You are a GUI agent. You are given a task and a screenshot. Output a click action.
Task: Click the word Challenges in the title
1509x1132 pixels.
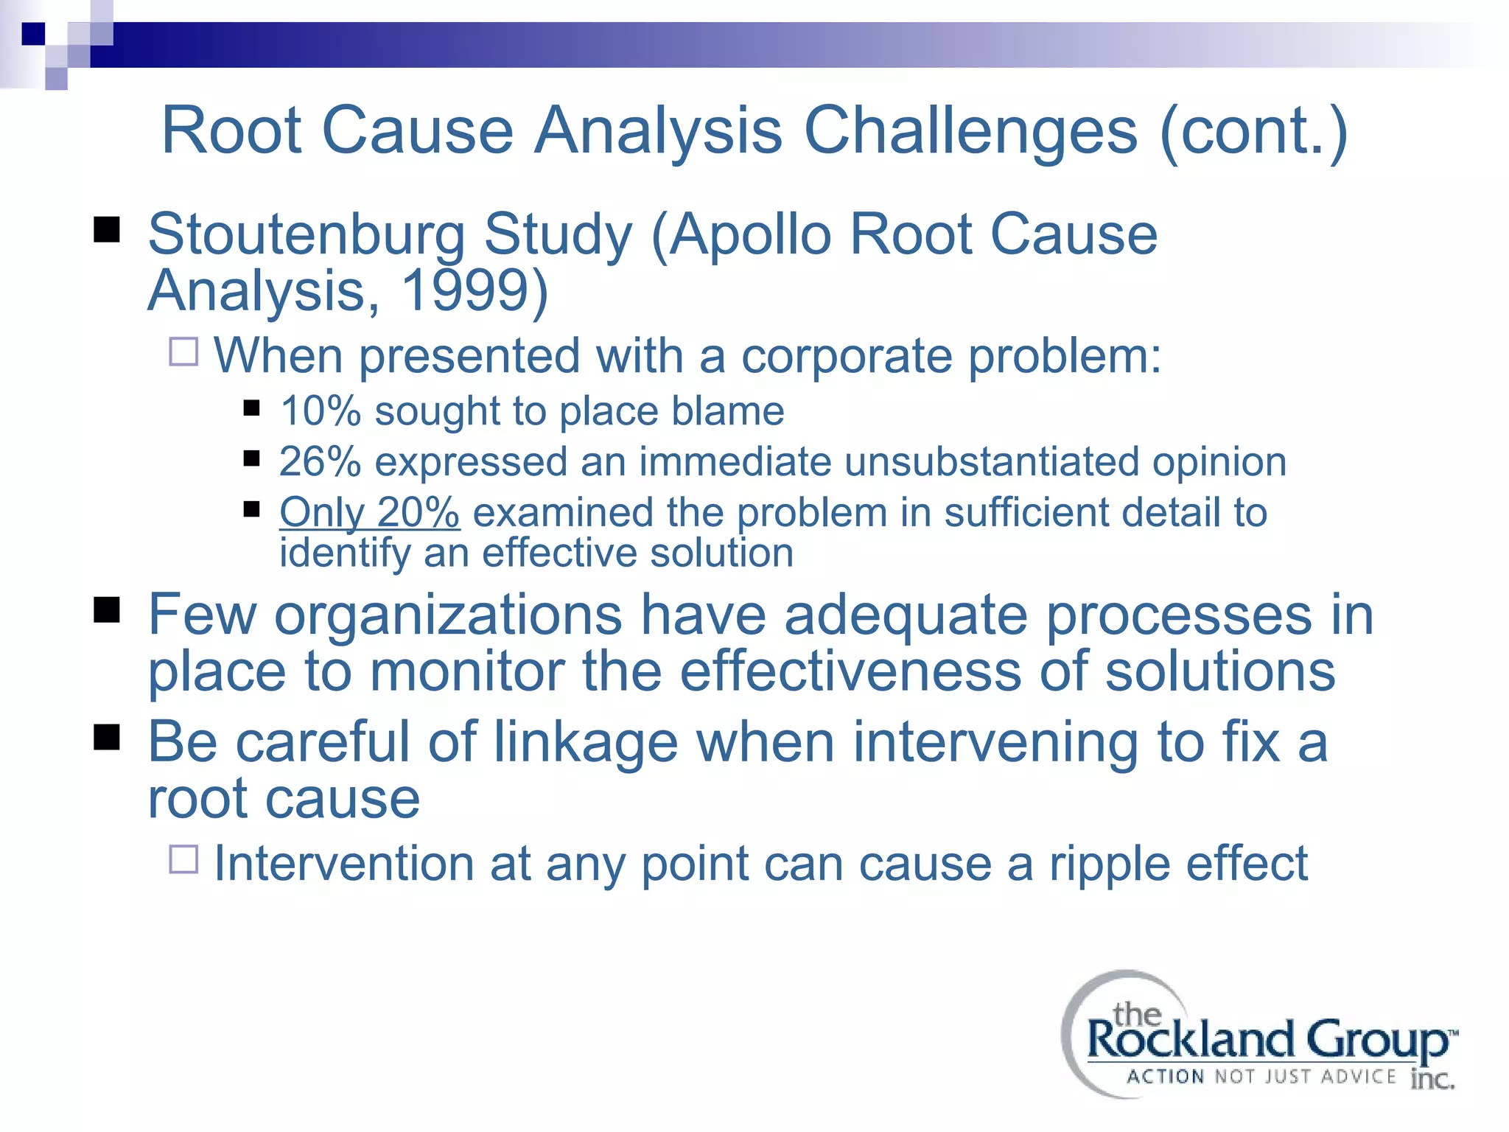coord(970,131)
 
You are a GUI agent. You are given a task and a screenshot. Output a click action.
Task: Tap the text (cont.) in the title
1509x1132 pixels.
coord(1253,131)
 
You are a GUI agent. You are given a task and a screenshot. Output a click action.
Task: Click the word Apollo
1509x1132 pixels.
coord(750,234)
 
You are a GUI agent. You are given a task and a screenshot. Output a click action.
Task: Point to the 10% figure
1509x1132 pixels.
coord(320,410)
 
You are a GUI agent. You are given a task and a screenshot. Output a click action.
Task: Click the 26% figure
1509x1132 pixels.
coord(320,461)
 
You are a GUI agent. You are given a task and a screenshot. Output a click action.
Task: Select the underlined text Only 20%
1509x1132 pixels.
coord(369,512)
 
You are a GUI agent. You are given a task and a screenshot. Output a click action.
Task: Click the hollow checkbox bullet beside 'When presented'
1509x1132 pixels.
coord(183,352)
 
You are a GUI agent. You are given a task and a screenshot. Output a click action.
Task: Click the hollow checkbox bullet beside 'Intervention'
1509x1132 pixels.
coord(183,859)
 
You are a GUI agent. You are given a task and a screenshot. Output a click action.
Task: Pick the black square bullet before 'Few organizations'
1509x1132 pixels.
coord(107,610)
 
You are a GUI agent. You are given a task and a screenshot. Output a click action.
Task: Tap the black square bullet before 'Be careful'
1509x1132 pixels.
coord(107,736)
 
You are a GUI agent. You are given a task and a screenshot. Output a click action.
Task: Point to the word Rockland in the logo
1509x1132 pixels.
coord(1190,1040)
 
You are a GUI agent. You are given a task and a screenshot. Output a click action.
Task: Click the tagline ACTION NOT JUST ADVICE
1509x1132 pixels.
coord(1261,1077)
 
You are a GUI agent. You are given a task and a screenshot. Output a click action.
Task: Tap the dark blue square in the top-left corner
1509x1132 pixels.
coord(33,34)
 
